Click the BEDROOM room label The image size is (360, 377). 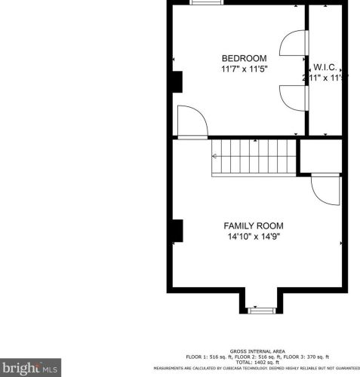point(244,58)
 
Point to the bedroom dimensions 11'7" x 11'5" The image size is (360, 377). point(244,69)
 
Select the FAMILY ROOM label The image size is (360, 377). point(253,225)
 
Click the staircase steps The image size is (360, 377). point(254,156)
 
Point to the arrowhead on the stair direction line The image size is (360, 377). point(215,157)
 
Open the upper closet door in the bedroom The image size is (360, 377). point(293,44)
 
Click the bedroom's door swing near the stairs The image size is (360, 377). point(191,121)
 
